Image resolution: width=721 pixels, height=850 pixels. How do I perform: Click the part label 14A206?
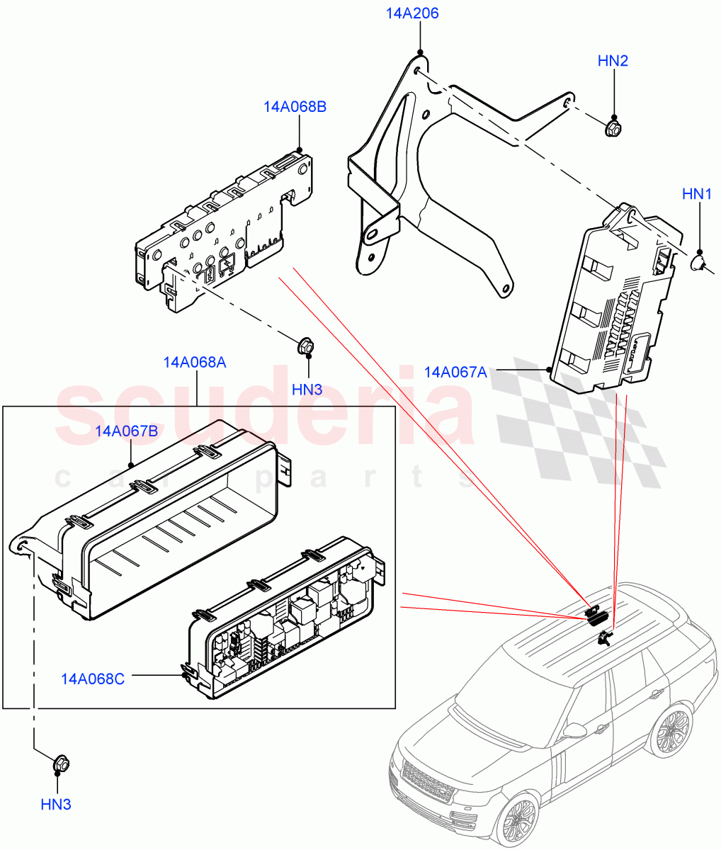(411, 13)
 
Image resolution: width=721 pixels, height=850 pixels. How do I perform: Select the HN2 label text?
(613, 61)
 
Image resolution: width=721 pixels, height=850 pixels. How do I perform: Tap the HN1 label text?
(697, 193)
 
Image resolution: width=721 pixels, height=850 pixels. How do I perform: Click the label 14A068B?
(295, 107)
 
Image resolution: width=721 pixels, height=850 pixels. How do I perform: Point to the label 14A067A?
(455, 372)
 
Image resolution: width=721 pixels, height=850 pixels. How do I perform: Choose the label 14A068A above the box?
(195, 363)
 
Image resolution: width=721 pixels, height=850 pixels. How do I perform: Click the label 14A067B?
(127, 430)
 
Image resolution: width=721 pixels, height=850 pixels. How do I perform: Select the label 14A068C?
(93, 679)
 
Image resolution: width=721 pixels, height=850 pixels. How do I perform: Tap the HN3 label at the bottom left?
(56, 804)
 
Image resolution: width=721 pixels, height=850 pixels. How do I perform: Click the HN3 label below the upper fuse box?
(307, 389)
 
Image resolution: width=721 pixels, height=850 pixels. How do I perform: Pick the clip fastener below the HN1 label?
(699, 264)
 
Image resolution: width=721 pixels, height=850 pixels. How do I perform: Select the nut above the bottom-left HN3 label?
(59, 765)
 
